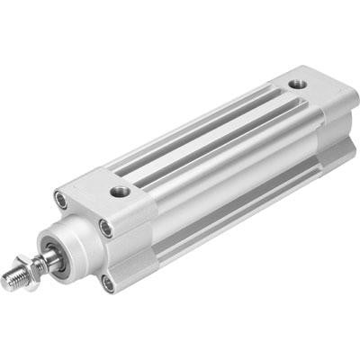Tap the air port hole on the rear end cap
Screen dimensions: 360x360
coord(297,85)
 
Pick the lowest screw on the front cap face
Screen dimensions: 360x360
coord(108,283)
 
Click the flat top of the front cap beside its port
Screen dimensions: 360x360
coord(94,184)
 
